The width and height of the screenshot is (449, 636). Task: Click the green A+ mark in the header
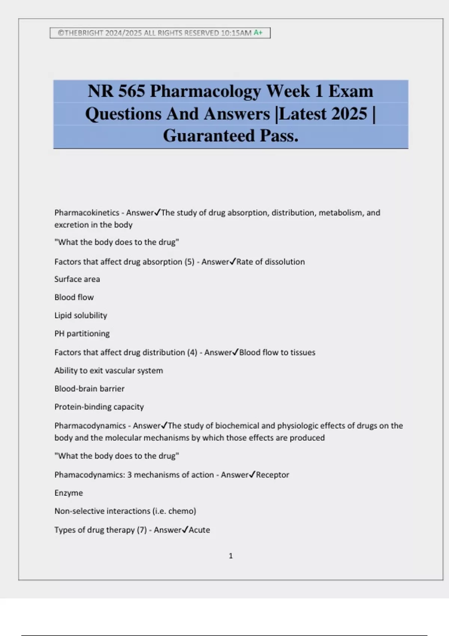point(258,33)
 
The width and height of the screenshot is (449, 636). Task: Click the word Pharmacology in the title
point(205,91)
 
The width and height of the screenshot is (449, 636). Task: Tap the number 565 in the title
point(132,91)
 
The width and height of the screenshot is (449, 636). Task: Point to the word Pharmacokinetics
point(87,213)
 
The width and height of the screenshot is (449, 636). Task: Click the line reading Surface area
point(77,279)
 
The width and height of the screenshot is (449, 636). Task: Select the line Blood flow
point(74,297)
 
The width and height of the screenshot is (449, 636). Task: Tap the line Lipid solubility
point(81,315)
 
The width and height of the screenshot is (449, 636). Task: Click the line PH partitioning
point(82,334)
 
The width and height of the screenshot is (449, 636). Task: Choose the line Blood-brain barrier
point(89,389)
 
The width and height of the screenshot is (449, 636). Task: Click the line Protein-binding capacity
point(99,407)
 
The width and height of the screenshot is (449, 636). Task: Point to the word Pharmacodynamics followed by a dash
point(90,426)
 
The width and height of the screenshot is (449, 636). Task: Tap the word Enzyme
point(68,493)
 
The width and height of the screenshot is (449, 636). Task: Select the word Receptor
point(272,475)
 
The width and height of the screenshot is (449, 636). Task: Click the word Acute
point(199,530)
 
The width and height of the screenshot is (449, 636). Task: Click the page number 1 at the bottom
point(230,556)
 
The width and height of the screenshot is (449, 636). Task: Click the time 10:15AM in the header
point(236,33)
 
